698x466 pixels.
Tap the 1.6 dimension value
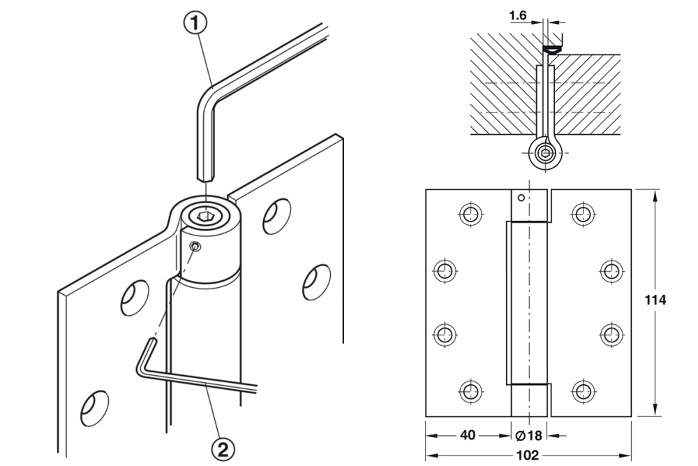(518, 15)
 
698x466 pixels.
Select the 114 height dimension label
(655, 300)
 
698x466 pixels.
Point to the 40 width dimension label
(467, 435)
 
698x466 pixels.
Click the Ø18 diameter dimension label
(529, 435)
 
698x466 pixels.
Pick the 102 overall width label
(528, 456)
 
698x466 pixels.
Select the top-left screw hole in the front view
(470, 214)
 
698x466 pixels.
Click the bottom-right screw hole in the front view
(582, 391)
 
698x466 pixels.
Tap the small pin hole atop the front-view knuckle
(521, 197)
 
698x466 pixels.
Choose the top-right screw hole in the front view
(582, 214)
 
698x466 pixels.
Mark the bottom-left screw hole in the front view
(470, 391)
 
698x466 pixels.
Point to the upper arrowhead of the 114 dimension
(655, 194)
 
